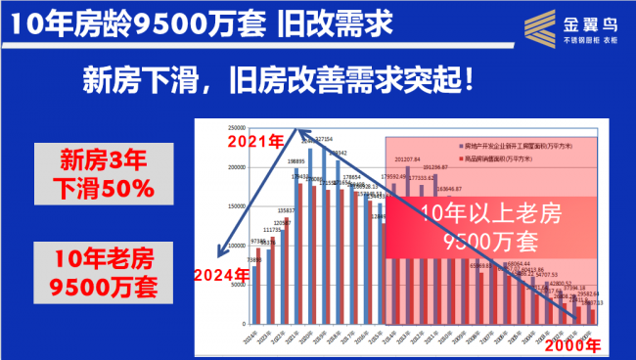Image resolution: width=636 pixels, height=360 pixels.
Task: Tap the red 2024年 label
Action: (221, 274)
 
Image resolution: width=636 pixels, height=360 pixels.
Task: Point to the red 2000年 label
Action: (572, 346)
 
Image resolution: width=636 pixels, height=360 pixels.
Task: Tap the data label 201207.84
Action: (407, 157)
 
